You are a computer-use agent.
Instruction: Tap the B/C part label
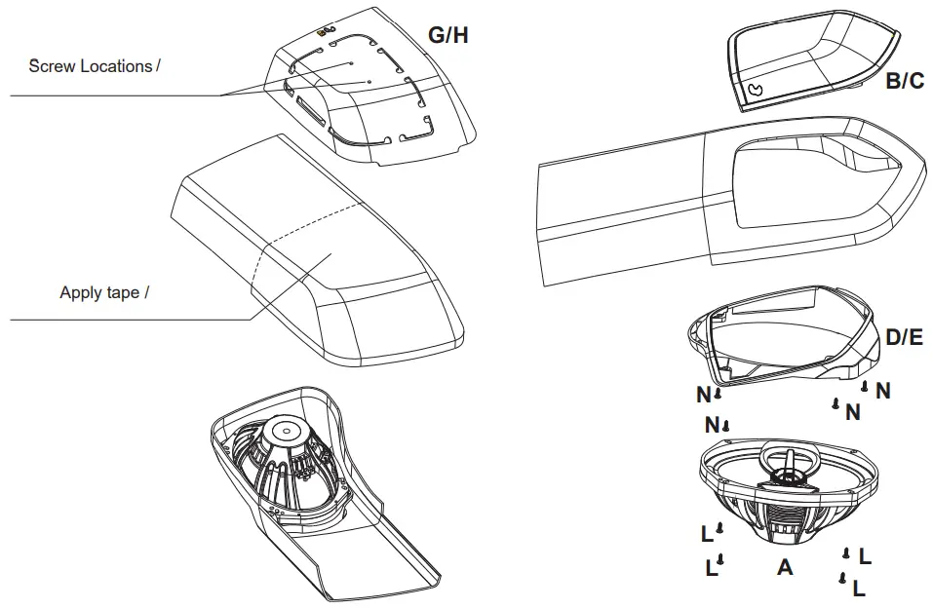pyautogui.click(x=904, y=82)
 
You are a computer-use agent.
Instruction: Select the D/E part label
pyautogui.click(x=904, y=338)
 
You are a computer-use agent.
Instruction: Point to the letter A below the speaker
pyautogui.click(x=785, y=566)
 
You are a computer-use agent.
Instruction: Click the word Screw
pyautogui.click(x=51, y=66)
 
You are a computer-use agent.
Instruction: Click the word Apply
pyautogui.click(x=80, y=292)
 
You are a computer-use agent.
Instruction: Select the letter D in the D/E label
pyautogui.click(x=892, y=338)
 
